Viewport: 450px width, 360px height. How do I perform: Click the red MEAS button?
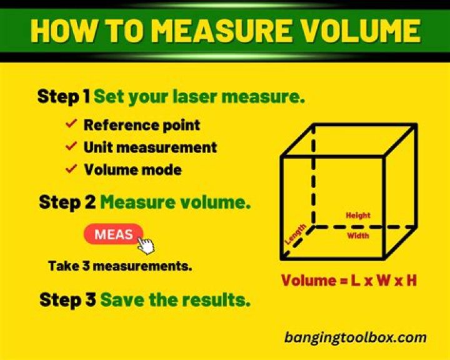tap(114, 234)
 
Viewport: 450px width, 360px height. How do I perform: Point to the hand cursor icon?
tap(146, 246)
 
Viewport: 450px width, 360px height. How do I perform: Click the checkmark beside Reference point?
tap(71, 124)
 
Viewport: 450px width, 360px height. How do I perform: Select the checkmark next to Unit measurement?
tap(71, 146)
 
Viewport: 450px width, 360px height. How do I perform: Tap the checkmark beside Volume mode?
tap(71, 169)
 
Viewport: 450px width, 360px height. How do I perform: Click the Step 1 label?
tap(64, 96)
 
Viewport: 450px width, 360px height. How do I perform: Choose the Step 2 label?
tap(67, 202)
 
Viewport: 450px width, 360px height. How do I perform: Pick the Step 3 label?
tap(67, 300)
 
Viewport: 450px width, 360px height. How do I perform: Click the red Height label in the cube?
tap(358, 215)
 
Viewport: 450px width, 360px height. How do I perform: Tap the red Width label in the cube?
tap(358, 236)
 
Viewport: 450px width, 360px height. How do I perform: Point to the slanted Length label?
tap(296, 234)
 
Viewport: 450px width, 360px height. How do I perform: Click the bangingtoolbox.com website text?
tap(355, 337)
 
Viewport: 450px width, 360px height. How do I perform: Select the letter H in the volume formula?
tap(411, 281)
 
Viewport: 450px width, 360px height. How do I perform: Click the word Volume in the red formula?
tap(308, 281)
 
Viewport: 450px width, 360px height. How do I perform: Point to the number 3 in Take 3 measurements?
tap(86, 266)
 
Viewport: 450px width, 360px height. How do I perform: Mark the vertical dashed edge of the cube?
tap(313, 176)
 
